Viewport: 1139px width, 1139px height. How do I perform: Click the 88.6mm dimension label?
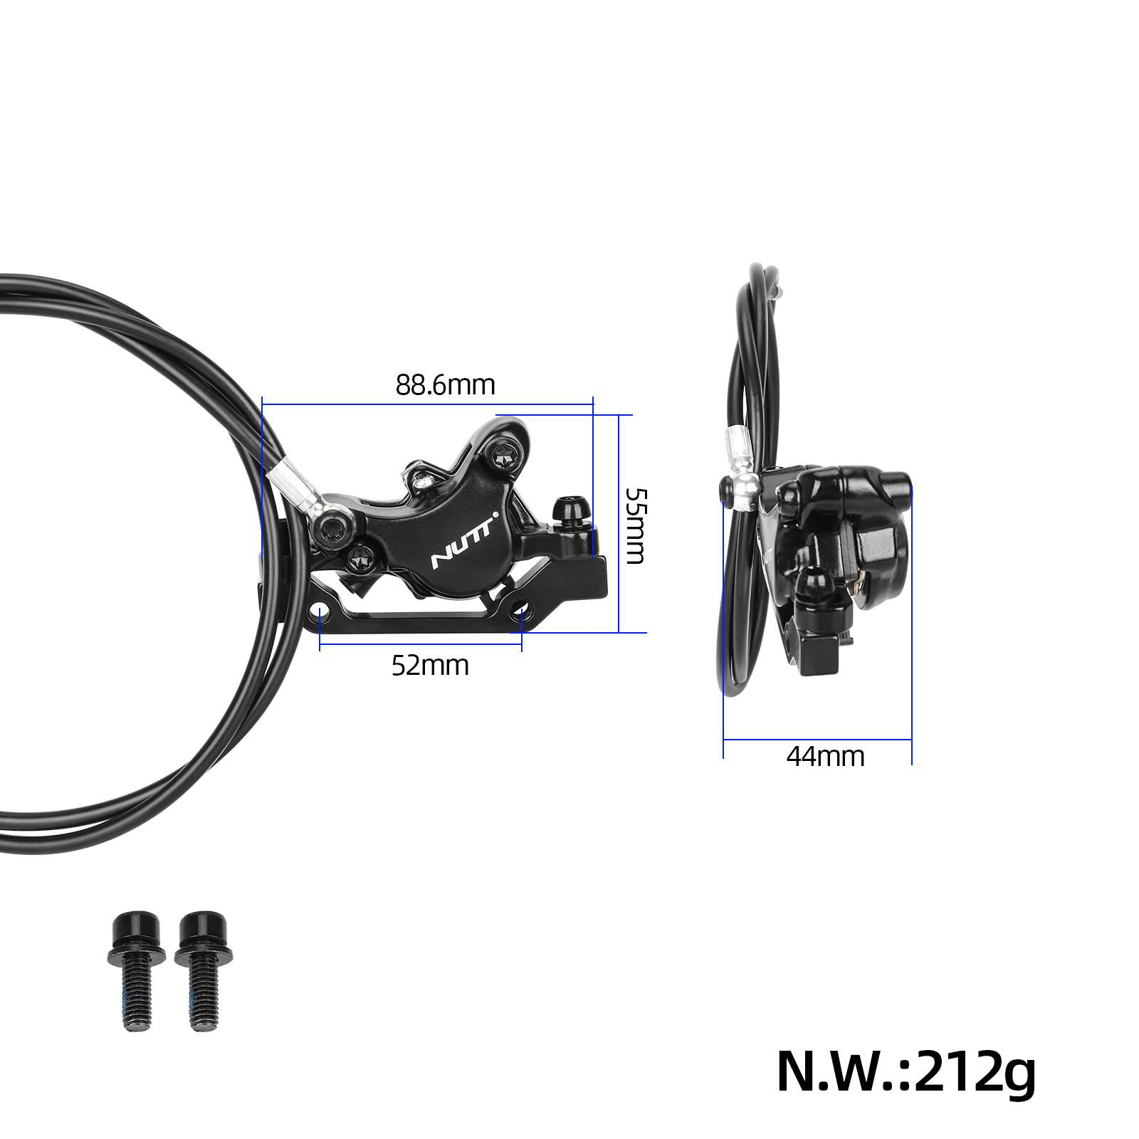point(445,385)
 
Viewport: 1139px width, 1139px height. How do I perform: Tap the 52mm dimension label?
point(430,666)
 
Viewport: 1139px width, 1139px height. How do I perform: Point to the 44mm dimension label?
point(825,756)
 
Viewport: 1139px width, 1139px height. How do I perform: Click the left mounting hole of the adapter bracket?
point(320,611)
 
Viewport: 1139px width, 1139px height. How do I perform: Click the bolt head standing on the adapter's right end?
point(571,511)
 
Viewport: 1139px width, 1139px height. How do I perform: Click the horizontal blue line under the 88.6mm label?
point(427,404)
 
